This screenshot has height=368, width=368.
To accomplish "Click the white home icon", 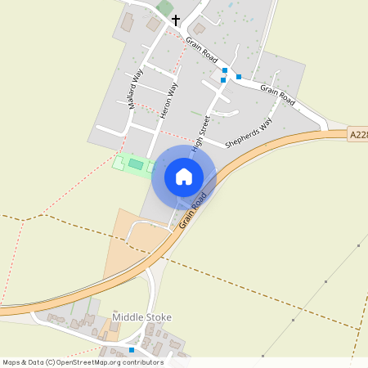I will tap(184, 176).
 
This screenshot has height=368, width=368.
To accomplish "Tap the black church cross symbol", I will tap(176, 20).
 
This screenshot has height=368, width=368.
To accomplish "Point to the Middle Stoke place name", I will tap(141, 317).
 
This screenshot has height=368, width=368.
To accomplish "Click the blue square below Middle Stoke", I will tap(132, 350).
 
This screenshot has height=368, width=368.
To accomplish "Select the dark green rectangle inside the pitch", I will tap(135, 164).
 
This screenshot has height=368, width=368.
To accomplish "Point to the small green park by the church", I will tap(164, 7).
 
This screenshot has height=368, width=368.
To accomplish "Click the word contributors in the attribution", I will tap(141, 362).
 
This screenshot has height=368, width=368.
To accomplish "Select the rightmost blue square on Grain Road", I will tap(239, 77).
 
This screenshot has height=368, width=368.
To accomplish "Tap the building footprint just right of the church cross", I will tap(199, 29).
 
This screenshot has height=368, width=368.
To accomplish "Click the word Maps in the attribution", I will tap(11, 362).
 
